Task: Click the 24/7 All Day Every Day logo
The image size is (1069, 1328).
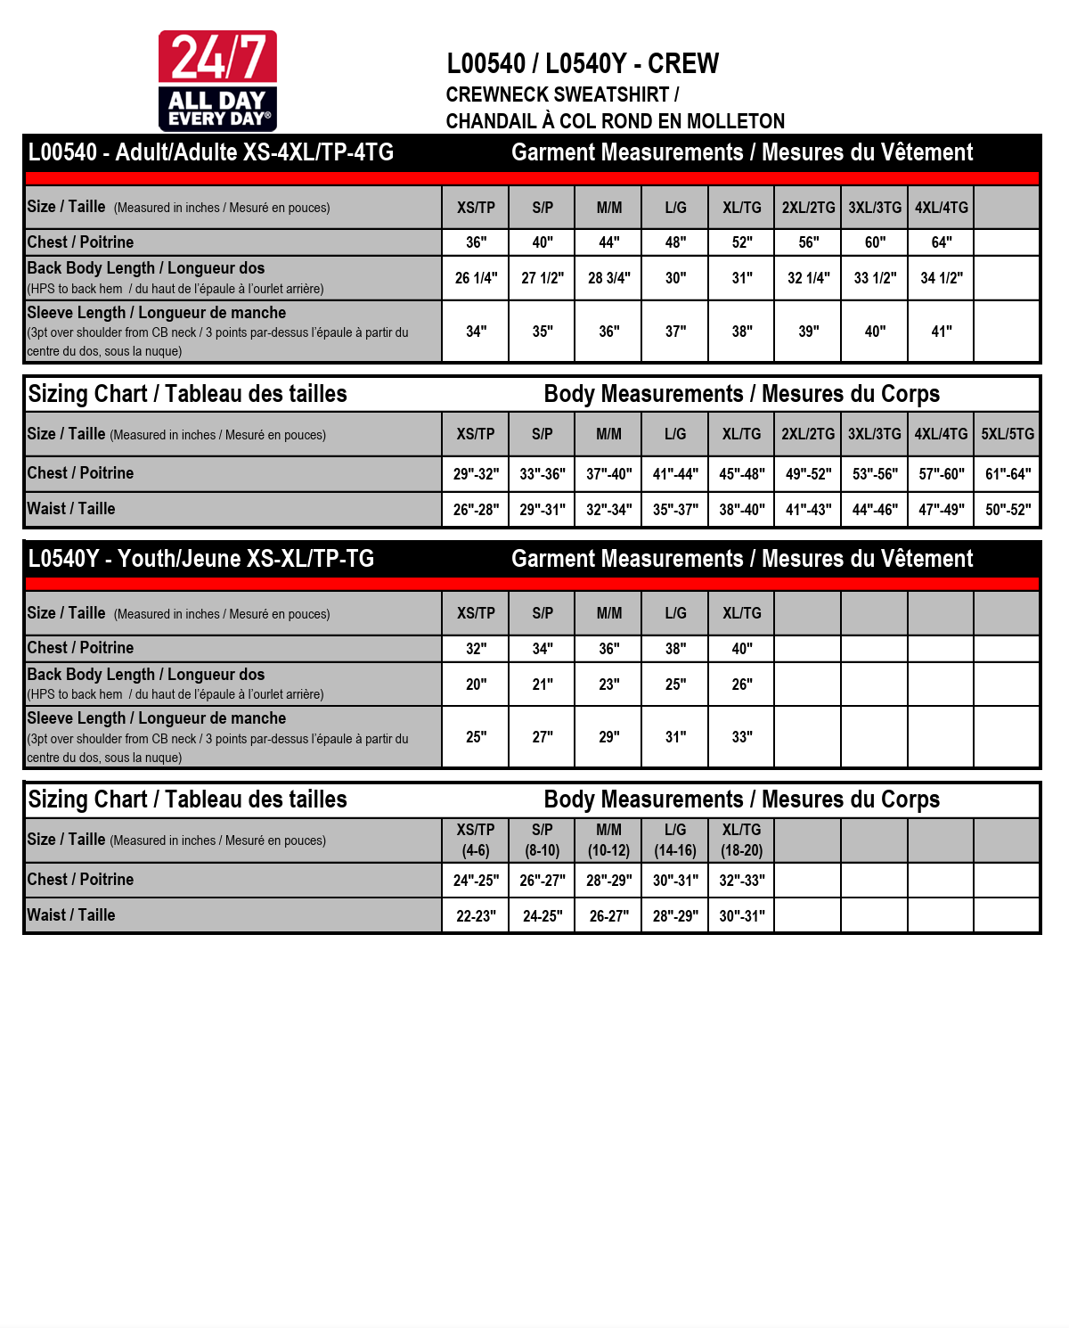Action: (x=217, y=81)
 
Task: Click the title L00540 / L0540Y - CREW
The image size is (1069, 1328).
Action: (x=583, y=64)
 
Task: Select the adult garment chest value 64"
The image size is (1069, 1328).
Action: (x=941, y=242)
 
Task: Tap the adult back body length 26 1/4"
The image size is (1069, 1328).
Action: (x=476, y=278)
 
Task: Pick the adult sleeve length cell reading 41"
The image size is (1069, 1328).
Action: (x=941, y=332)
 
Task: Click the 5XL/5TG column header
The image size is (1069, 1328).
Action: (x=1008, y=434)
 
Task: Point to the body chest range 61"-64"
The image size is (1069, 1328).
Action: (x=1008, y=474)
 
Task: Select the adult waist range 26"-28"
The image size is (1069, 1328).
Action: (x=476, y=510)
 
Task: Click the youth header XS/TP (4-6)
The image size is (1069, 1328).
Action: (x=476, y=840)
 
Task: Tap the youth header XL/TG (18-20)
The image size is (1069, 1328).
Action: (x=741, y=840)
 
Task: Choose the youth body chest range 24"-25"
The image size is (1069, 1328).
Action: (x=476, y=881)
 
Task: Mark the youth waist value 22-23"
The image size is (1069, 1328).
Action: (x=476, y=916)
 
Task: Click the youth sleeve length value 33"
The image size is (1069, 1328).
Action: (x=741, y=737)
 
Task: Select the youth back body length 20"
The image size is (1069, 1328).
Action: (x=476, y=684)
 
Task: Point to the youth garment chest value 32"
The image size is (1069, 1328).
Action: (x=476, y=649)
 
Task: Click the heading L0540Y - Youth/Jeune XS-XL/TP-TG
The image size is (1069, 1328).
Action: (x=201, y=559)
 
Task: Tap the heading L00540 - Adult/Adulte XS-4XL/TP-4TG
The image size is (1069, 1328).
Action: (x=211, y=152)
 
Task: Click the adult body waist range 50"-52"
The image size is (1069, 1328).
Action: (x=1008, y=510)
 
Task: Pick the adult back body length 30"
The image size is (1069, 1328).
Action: (x=675, y=278)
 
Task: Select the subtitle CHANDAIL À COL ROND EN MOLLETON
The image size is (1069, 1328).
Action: (x=615, y=121)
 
